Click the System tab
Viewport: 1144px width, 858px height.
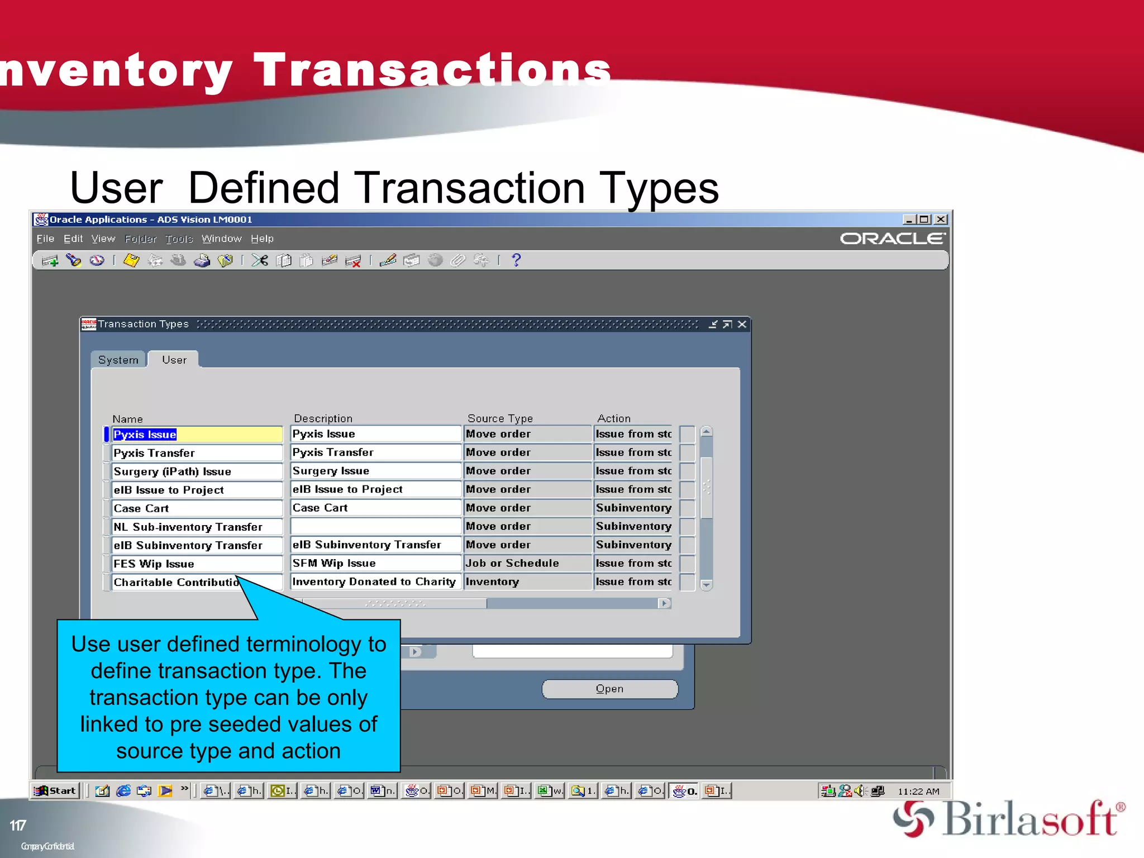118,360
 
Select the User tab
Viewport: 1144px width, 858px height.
174,360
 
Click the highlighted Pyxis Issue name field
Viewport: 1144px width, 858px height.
197,435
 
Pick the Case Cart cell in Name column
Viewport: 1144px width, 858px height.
197,508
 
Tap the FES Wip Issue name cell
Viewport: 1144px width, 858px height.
197,564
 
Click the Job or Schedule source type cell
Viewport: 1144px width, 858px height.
527,563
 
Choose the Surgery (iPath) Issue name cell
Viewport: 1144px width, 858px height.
197,471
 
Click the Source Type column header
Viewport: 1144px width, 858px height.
500,418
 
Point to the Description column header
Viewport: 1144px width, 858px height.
323,418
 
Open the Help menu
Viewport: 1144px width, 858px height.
262,239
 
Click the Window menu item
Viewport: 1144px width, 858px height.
221,239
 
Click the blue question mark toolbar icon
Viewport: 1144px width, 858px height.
516,260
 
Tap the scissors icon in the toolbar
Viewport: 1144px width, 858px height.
260,260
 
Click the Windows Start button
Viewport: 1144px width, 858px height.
55,791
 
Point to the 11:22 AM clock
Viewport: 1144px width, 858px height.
918,792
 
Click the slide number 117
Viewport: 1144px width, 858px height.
18,826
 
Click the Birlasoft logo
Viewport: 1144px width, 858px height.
1008,819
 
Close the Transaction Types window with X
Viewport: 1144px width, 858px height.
742,325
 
